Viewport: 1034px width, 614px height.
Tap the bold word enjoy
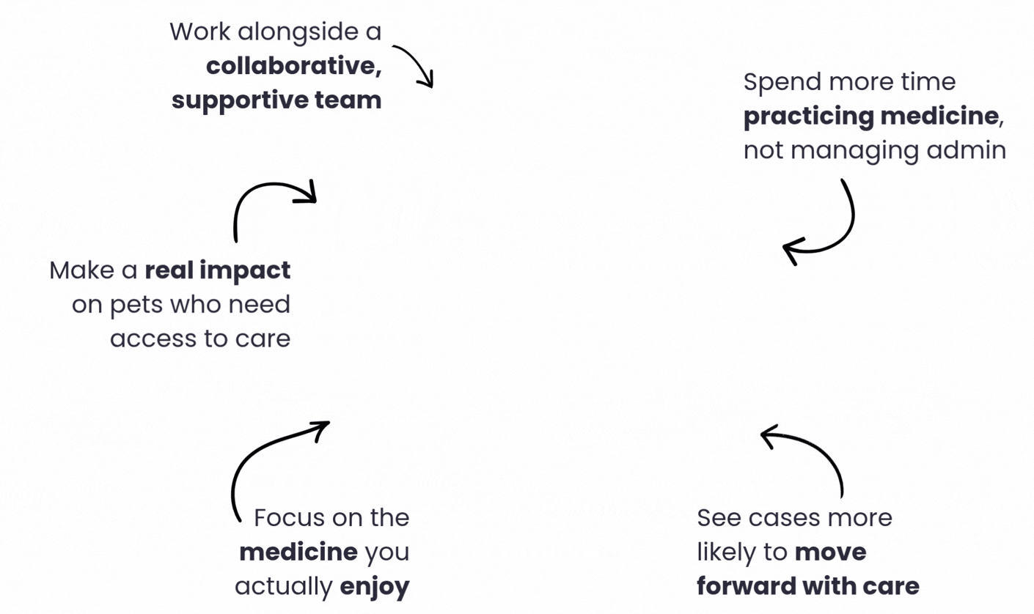click(375, 588)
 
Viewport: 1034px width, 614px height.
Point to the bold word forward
click(746, 587)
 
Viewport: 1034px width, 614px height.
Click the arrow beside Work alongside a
click(419, 59)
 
